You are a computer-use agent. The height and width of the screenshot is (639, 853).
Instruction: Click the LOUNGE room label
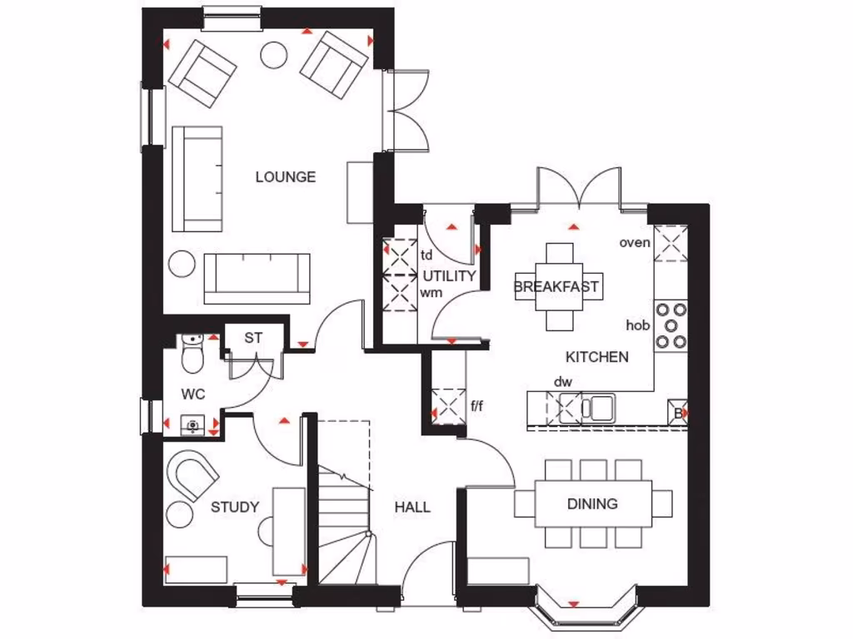(x=285, y=176)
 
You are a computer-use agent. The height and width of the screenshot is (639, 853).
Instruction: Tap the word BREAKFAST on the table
(x=556, y=287)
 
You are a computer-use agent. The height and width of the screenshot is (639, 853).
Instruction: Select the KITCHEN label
(x=596, y=357)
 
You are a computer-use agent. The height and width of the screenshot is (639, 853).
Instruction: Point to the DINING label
(x=592, y=503)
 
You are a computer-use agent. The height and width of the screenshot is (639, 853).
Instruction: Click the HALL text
(x=412, y=507)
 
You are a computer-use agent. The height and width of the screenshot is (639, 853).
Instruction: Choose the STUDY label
(x=235, y=507)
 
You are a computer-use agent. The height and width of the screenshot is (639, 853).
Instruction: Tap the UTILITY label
(x=449, y=275)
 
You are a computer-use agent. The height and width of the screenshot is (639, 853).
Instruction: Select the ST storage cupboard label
(x=253, y=338)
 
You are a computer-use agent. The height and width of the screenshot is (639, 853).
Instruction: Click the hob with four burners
(x=671, y=324)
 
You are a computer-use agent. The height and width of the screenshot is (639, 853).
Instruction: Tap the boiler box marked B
(x=678, y=413)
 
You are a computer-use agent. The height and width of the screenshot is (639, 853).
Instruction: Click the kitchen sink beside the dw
(x=598, y=408)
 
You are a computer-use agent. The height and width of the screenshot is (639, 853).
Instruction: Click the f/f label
(x=477, y=407)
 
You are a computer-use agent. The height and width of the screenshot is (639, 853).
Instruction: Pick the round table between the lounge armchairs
(x=274, y=55)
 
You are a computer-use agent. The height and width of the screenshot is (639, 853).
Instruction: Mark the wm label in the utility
(x=431, y=293)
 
